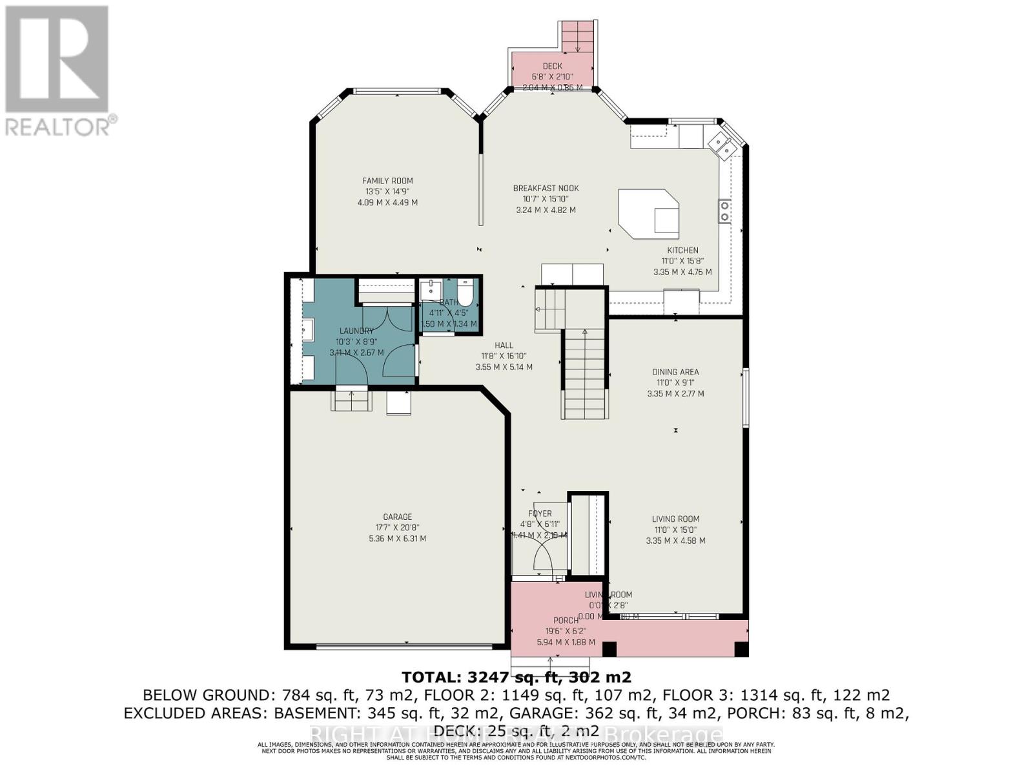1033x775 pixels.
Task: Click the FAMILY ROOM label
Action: click(x=387, y=181)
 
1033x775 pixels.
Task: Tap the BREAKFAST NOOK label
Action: click(x=546, y=188)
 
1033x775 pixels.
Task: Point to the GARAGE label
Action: click(x=397, y=517)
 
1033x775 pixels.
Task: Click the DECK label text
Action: click(x=552, y=66)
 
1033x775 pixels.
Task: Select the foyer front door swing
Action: click(x=544, y=557)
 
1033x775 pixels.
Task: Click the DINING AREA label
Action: click(x=675, y=372)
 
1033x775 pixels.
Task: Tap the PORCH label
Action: click(x=566, y=621)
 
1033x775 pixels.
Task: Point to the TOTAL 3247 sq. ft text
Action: click(x=516, y=677)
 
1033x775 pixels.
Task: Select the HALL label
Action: click(x=504, y=346)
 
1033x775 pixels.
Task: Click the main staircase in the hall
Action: click(x=585, y=375)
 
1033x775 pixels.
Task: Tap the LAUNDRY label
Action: click(x=356, y=331)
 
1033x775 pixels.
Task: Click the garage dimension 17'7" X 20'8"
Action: click(x=397, y=528)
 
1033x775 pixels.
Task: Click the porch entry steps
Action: click(x=550, y=665)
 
